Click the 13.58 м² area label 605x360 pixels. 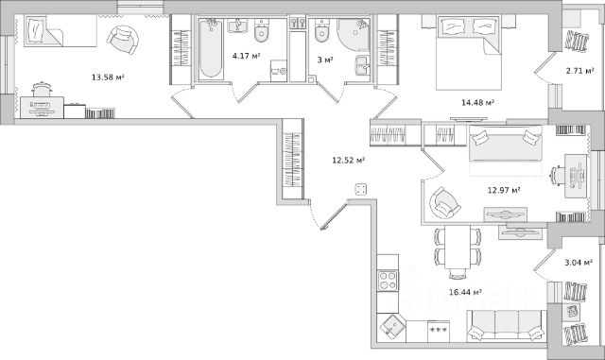(x=108, y=77)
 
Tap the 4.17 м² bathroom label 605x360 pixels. (x=246, y=56)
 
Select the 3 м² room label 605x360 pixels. (x=325, y=60)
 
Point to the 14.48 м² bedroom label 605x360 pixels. (x=478, y=103)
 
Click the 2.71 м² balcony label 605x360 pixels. (x=579, y=71)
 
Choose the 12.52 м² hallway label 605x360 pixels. (x=349, y=160)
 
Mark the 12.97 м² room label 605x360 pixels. (x=504, y=190)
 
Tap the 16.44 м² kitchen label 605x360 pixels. (x=465, y=292)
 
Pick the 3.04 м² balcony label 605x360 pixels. (x=579, y=263)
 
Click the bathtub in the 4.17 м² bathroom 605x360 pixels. (x=211, y=49)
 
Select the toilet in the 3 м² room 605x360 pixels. (x=321, y=30)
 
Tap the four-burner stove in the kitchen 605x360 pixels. (x=388, y=281)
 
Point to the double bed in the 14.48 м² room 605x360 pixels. (x=469, y=53)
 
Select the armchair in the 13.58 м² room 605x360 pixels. (x=123, y=40)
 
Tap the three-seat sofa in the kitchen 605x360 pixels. (x=507, y=326)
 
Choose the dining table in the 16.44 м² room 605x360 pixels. (x=458, y=248)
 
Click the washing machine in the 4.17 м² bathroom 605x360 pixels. (x=279, y=71)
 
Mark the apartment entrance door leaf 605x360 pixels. (x=334, y=216)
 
